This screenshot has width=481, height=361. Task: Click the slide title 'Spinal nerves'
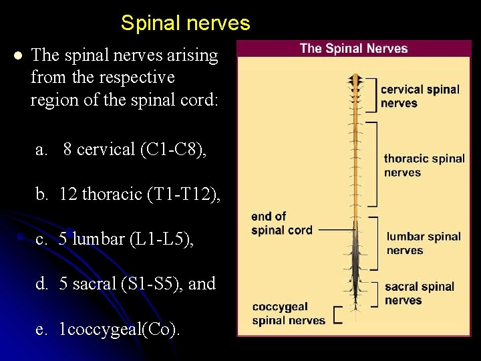click(x=185, y=23)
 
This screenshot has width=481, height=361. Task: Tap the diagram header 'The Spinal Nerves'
click(x=353, y=48)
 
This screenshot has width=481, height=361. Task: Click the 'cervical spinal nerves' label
click(x=420, y=96)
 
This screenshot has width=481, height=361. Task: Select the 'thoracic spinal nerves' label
click(x=424, y=165)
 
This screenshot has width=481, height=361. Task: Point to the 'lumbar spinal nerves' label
click(x=423, y=243)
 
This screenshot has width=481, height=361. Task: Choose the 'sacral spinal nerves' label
click(x=419, y=293)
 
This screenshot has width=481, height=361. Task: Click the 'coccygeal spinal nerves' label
click(x=288, y=314)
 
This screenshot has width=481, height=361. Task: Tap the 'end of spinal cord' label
click(x=281, y=223)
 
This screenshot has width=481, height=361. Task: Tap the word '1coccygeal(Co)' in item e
click(x=120, y=329)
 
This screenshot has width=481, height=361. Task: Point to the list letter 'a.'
click(x=42, y=150)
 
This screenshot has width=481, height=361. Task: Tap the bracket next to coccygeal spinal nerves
click(x=337, y=314)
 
